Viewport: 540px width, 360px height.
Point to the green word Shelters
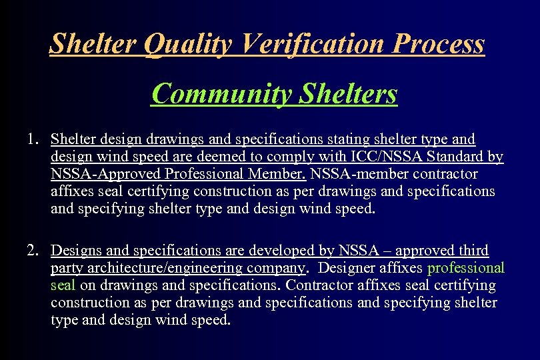[348, 94]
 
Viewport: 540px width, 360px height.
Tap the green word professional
[466, 268]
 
